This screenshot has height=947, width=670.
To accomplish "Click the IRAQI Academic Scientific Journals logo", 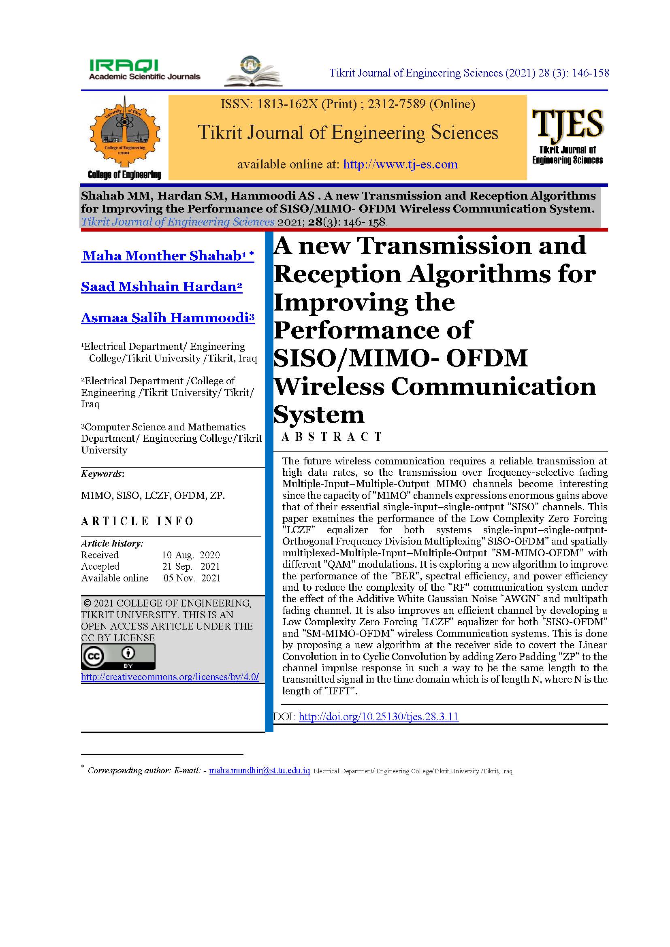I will tap(144, 69).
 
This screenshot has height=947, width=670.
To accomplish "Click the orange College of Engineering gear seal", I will tap(124, 131).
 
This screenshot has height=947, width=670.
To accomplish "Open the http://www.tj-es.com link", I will tap(400, 164).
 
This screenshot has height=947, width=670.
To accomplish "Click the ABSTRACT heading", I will tap(332, 437).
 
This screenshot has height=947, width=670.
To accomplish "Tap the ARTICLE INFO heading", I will tap(137, 521).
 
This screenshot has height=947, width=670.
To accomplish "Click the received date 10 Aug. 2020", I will tap(191, 555).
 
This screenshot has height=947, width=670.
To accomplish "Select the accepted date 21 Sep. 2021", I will tap(191, 567).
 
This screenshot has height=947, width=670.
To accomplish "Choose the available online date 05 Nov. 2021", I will tap(192, 578).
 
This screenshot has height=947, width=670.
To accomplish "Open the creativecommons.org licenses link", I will tap(170, 677).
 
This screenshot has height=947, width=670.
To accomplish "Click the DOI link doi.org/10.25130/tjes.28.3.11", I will tap(378, 717).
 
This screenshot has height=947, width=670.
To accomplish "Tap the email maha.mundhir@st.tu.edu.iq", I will tap(259, 770).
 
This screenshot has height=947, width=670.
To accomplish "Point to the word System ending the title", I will tap(319, 415).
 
